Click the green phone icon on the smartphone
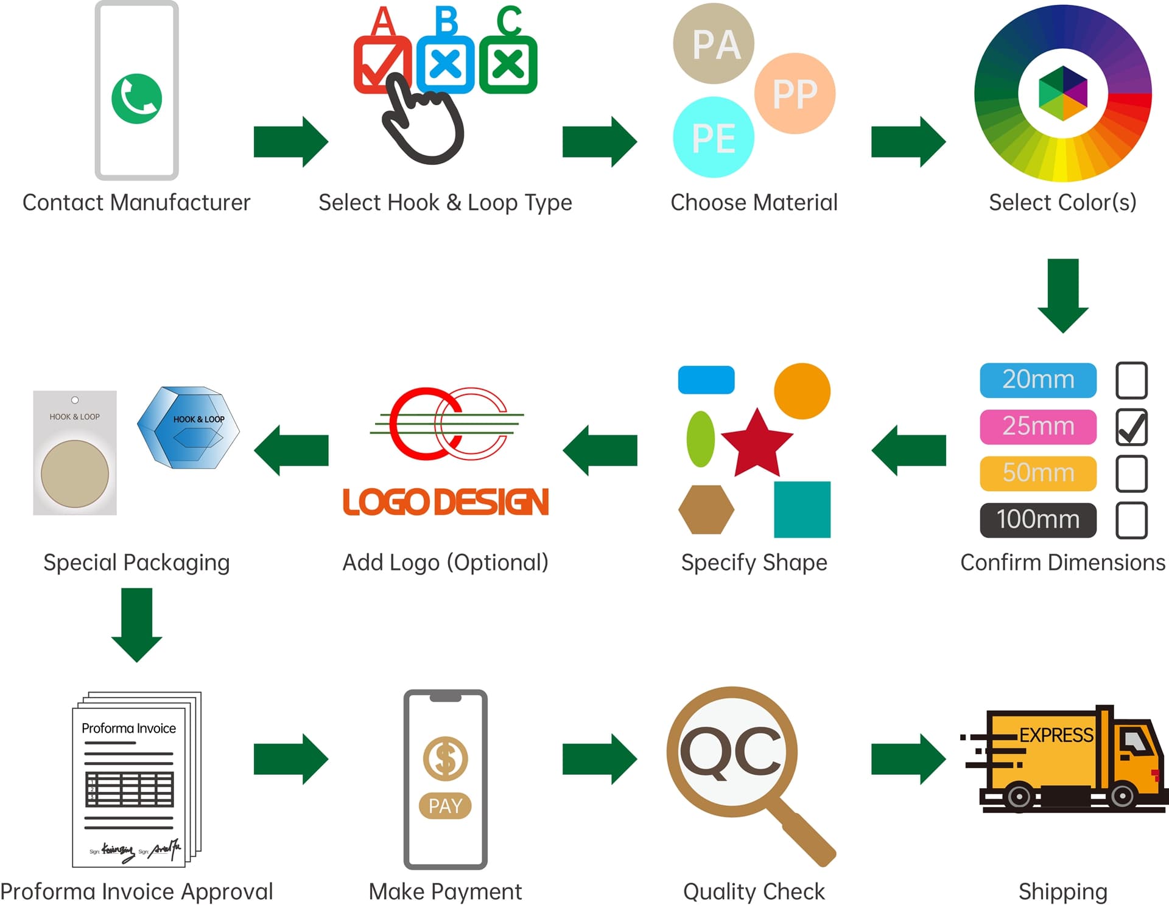coord(136,99)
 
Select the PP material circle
coord(795,93)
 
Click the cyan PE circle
coord(713,138)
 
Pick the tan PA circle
coord(714,44)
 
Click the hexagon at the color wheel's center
coord(1062,93)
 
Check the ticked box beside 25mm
coord(1131,427)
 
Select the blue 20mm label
coord(1037,380)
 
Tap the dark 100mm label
coord(1037,520)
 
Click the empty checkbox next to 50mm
coord(1131,473)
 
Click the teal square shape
coord(802,509)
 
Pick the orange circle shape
coord(802,391)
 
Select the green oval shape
coord(700,439)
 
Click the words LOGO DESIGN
coord(446,502)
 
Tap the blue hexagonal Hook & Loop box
coord(189,427)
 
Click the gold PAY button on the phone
coord(445,806)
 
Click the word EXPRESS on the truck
coord(1056,735)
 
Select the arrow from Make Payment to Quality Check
coord(599,759)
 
